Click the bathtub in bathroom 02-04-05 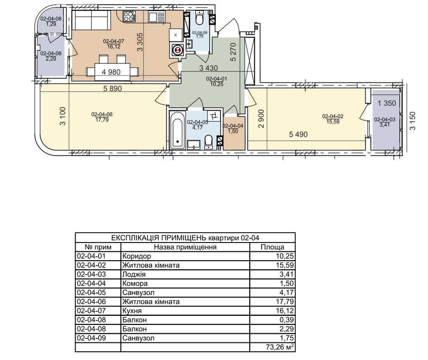click(177, 130)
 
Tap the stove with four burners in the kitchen click(129, 16)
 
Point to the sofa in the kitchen click(92, 20)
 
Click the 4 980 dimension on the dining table click(111, 72)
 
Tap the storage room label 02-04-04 click(233, 126)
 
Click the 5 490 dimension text click(298, 134)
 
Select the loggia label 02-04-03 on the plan click(385, 119)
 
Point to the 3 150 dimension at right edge click(412, 121)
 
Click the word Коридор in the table click(136, 256)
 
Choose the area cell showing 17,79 click(285, 302)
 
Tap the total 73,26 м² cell click(280, 347)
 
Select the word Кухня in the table click(132, 311)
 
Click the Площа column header click(272, 247)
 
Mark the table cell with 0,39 click(287, 320)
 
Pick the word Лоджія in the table click(134, 275)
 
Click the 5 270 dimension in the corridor click(233, 52)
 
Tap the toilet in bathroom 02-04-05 click(208, 142)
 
